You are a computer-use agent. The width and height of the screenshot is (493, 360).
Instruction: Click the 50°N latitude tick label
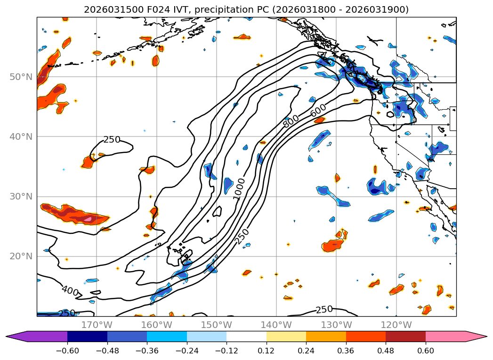(x=21, y=77)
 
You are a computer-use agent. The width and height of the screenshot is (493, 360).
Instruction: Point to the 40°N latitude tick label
(x=21, y=136)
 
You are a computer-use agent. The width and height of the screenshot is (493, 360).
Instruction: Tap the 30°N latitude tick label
(x=21, y=196)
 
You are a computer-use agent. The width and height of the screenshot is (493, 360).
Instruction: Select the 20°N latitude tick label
(x=21, y=256)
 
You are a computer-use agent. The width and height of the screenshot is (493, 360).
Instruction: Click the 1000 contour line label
(x=239, y=188)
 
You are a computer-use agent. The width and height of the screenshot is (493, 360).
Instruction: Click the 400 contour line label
(x=70, y=290)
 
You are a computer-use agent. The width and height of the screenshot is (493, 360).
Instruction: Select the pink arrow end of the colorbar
(x=476, y=336)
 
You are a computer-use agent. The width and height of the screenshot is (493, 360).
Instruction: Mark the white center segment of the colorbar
(x=246, y=336)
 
